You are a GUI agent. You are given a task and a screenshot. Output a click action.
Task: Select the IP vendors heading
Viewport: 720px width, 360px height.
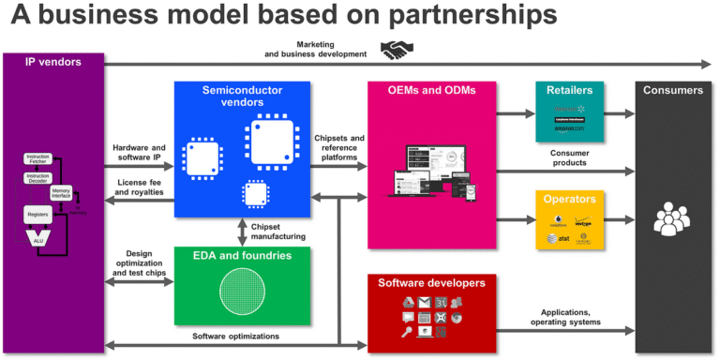(52, 62)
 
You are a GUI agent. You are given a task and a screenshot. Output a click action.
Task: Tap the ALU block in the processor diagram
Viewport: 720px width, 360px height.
(38, 241)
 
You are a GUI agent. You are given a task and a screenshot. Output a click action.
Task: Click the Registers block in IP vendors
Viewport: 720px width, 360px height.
(37, 215)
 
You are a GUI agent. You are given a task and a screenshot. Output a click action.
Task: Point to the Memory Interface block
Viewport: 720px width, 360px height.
(61, 192)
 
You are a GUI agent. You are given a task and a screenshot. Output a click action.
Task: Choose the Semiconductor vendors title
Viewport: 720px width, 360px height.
(242, 97)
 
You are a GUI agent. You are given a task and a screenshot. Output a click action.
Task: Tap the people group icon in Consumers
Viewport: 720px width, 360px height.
(672, 218)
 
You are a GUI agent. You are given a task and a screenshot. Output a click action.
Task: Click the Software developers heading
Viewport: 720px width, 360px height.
(431, 282)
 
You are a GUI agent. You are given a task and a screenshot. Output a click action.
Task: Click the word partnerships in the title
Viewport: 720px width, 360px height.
(469, 17)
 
